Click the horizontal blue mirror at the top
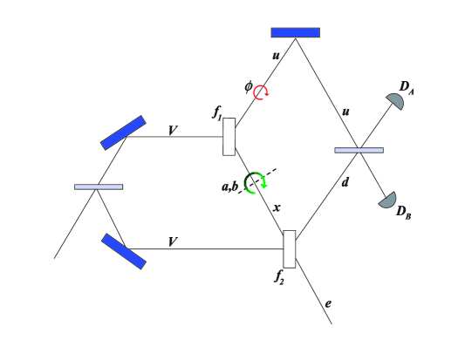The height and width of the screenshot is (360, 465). (295, 32)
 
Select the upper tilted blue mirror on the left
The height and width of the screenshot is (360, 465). (122, 132)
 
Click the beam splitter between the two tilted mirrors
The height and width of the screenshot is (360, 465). (99, 187)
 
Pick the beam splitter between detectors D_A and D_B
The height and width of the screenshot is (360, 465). (359, 150)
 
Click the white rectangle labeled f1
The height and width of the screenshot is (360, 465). (229, 137)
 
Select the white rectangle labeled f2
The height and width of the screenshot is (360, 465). (290, 248)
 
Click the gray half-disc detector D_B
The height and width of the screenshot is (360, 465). (387, 200)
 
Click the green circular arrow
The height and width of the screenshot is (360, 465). (256, 182)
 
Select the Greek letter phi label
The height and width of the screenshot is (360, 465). (248, 86)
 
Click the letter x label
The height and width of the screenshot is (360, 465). (277, 208)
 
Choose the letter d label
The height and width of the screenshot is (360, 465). (345, 206)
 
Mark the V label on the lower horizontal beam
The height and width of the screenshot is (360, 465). (174, 240)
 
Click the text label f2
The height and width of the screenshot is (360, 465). (278, 278)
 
